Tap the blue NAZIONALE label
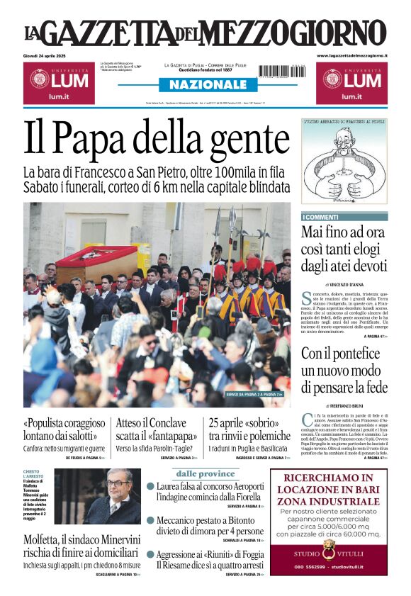[x=204, y=84]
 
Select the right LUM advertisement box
[x=351, y=83]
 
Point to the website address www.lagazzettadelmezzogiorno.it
[x=352, y=55]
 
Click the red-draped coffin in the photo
[x=96, y=263]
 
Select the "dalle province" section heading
[x=205, y=473]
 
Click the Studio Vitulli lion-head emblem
[x=329, y=547]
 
